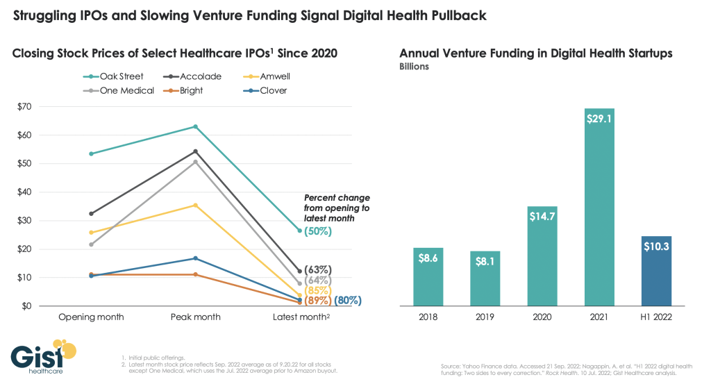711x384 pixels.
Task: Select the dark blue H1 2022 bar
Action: [656, 271]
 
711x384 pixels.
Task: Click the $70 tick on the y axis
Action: [26, 106]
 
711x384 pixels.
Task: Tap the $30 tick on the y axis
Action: [26, 221]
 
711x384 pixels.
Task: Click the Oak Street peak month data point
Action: [196, 126]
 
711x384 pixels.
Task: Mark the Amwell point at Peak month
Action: [196, 205]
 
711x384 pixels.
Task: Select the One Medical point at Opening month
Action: [92, 244]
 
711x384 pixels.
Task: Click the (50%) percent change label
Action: [318, 231]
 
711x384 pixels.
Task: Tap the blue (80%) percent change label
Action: [348, 301]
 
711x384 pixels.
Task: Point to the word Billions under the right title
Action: [414, 67]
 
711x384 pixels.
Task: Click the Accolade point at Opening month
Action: [92, 213]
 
